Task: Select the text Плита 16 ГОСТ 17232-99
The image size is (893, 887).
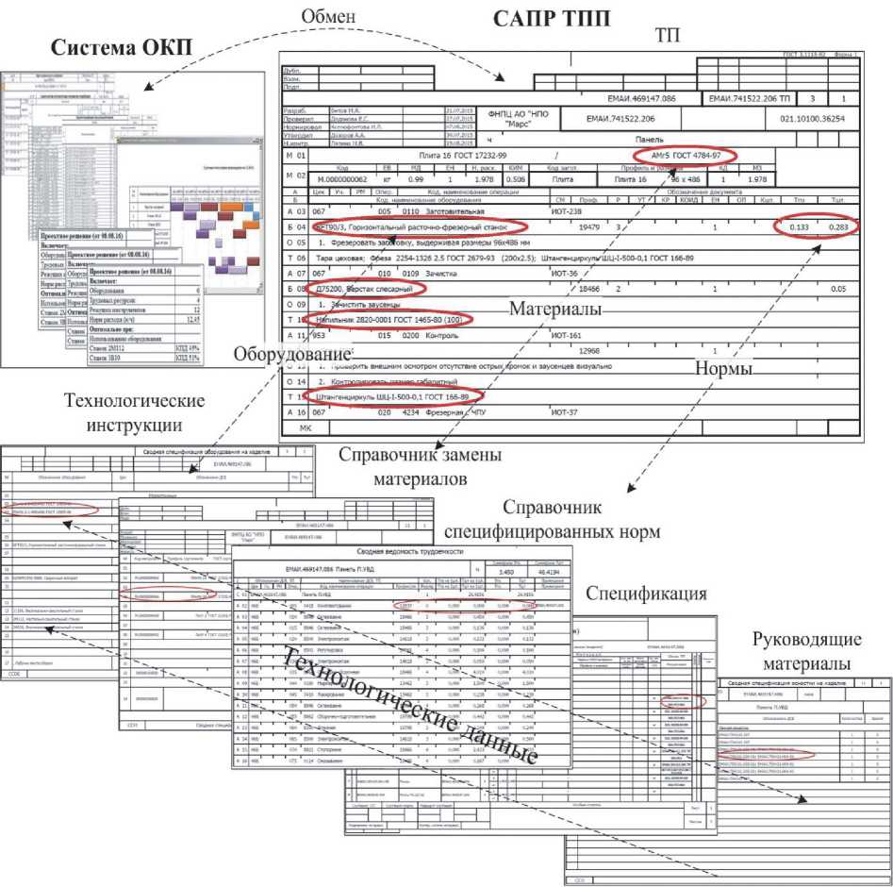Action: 460,155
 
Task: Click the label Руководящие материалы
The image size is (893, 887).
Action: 807,651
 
